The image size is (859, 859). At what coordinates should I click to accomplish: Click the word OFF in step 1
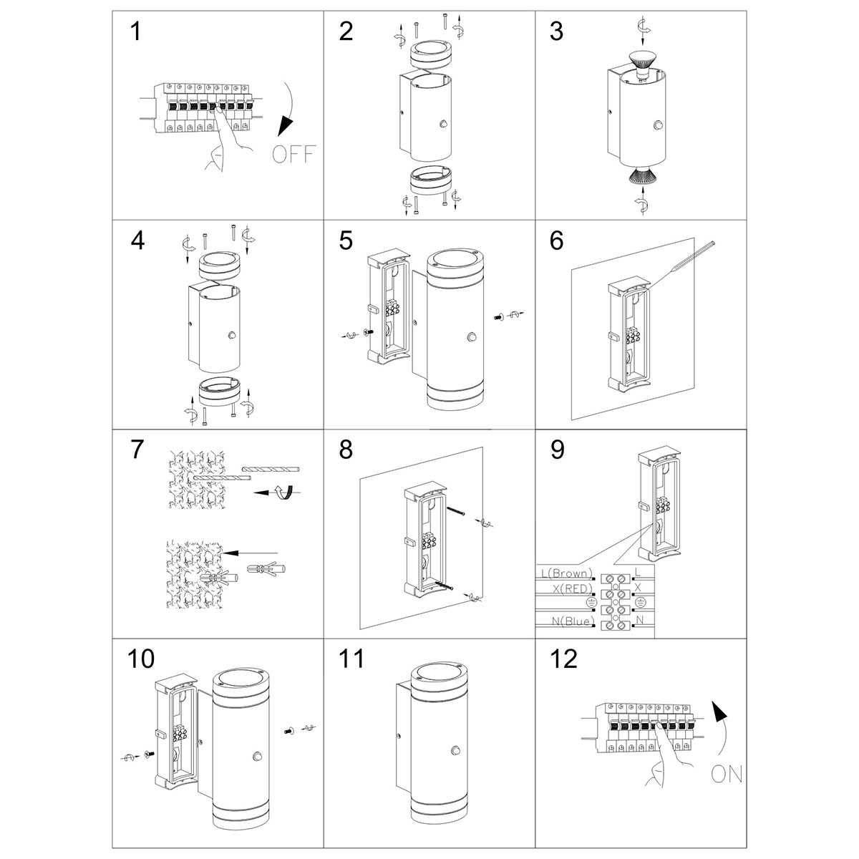pyautogui.click(x=294, y=153)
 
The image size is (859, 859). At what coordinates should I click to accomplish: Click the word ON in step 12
pyautogui.click(x=727, y=774)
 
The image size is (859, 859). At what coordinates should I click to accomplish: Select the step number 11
pyautogui.click(x=351, y=659)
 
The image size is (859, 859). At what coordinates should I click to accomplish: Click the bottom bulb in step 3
pyautogui.click(x=641, y=175)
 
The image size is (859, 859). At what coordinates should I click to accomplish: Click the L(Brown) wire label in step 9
pyautogui.click(x=566, y=573)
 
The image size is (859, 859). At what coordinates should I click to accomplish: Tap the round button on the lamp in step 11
pyautogui.click(x=455, y=750)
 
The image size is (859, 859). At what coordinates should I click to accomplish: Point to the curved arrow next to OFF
pyautogui.click(x=290, y=107)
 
